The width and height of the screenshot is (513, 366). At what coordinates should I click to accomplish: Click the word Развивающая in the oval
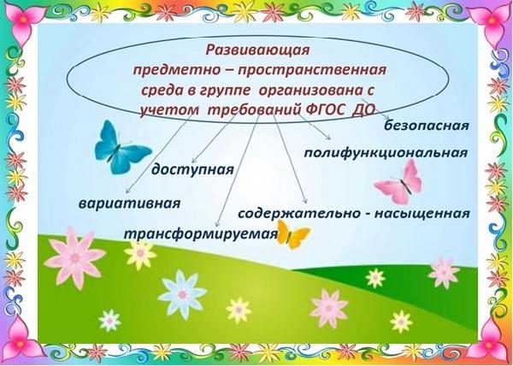(x=258, y=50)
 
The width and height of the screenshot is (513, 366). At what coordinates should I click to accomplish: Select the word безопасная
(x=427, y=125)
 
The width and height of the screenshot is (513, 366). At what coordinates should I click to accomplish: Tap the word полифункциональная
(x=386, y=153)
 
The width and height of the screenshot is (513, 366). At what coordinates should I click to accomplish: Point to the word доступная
(x=192, y=170)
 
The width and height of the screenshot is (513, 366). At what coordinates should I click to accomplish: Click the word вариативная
(x=130, y=204)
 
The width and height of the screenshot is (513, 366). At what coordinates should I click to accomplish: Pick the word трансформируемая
(x=201, y=234)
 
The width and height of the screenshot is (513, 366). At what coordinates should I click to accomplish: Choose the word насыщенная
(x=422, y=214)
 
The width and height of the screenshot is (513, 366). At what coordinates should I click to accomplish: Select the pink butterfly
(x=398, y=182)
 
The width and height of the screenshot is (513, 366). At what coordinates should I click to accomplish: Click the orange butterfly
(x=292, y=233)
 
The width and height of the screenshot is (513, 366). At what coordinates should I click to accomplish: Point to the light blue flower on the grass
(x=182, y=295)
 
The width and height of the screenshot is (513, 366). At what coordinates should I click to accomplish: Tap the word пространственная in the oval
(x=311, y=70)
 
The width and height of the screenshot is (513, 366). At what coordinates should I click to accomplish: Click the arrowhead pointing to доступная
(x=193, y=161)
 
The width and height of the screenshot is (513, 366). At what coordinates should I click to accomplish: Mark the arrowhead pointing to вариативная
(x=128, y=191)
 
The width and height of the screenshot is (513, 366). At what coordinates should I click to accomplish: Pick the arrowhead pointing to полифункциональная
(x=328, y=138)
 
